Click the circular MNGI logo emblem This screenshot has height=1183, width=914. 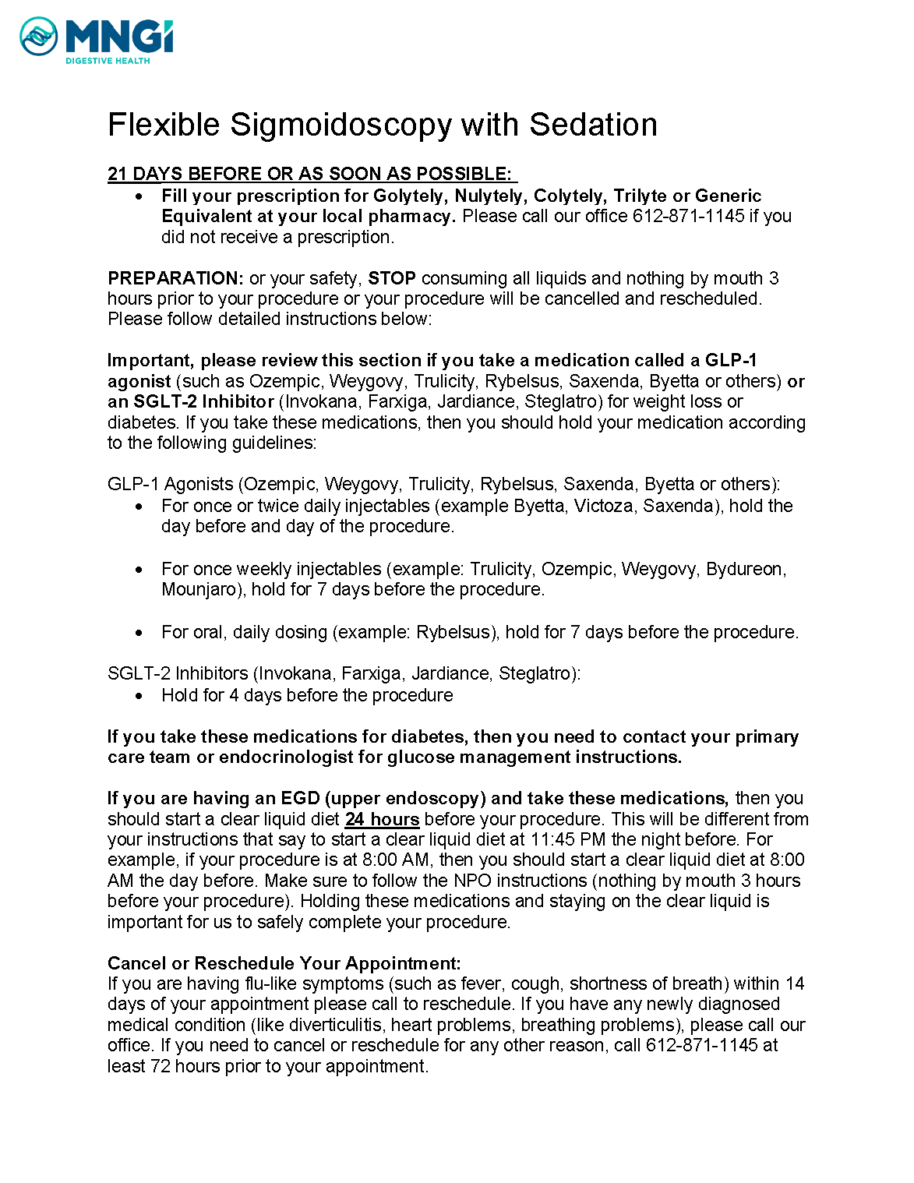(38, 37)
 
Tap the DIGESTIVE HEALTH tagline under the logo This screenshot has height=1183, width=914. (108, 61)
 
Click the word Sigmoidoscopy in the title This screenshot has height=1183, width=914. (341, 125)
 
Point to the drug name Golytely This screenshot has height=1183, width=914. (408, 196)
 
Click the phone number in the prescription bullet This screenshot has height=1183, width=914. (688, 216)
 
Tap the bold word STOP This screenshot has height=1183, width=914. (391, 278)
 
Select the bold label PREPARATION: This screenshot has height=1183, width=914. (175, 278)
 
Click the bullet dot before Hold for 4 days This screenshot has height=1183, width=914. (139, 696)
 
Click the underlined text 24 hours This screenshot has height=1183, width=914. (382, 819)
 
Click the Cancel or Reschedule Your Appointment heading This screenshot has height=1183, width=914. (284, 963)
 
